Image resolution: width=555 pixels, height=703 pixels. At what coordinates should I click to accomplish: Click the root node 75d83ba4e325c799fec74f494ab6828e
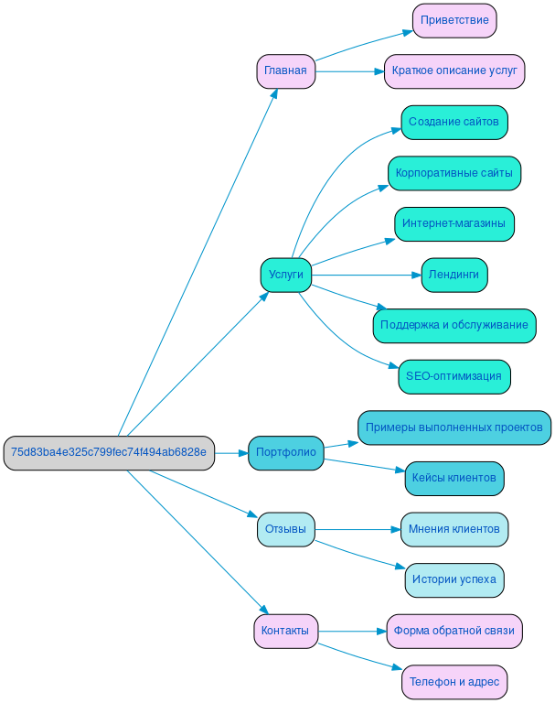coord(109,452)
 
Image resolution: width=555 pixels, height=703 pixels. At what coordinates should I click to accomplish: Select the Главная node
coord(285,71)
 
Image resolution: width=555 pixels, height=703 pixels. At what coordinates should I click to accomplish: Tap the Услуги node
coord(285,275)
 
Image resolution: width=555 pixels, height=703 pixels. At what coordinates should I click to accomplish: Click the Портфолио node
coord(285,452)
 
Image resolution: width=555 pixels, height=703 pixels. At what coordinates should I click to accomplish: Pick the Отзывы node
coord(285,529)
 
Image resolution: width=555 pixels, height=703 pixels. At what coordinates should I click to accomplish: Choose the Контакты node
coord(285,631)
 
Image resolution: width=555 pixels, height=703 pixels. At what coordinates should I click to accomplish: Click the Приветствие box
coord(454,20)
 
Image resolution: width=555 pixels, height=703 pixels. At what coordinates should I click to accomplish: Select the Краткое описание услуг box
coord(454,71)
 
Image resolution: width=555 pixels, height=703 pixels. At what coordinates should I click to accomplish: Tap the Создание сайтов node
coord(454,122)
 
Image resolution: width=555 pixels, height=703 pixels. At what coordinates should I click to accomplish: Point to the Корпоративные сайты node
coord(454,173)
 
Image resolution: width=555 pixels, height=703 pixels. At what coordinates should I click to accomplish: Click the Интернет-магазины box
coord(454,223)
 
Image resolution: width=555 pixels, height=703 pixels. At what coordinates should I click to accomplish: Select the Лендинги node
coord(454,275)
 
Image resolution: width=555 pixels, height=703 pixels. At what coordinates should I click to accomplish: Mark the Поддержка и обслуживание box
coord(454,325)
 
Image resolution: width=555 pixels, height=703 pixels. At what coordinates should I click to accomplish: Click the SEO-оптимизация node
coord(454,376)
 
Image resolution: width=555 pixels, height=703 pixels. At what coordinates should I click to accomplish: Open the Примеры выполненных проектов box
coord(454,427)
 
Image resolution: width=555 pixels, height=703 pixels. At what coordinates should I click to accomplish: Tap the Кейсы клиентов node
coord(454,478)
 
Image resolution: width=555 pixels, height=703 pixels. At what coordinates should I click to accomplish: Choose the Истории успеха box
coord(454,579)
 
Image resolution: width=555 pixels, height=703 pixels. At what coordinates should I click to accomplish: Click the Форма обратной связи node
coord(454,631)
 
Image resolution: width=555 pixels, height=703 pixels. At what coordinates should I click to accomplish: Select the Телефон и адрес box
coord(454,682)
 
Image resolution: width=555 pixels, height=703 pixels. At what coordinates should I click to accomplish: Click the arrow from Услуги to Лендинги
coord(366,275)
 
